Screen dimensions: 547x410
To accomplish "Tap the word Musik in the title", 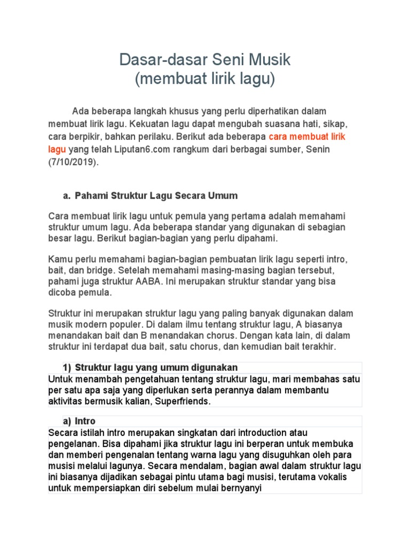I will point(271,59).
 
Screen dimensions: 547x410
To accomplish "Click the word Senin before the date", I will point(317,150).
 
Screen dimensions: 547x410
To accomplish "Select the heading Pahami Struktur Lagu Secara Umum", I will point(156,196).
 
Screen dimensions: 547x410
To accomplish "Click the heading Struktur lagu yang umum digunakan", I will point(156,368).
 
